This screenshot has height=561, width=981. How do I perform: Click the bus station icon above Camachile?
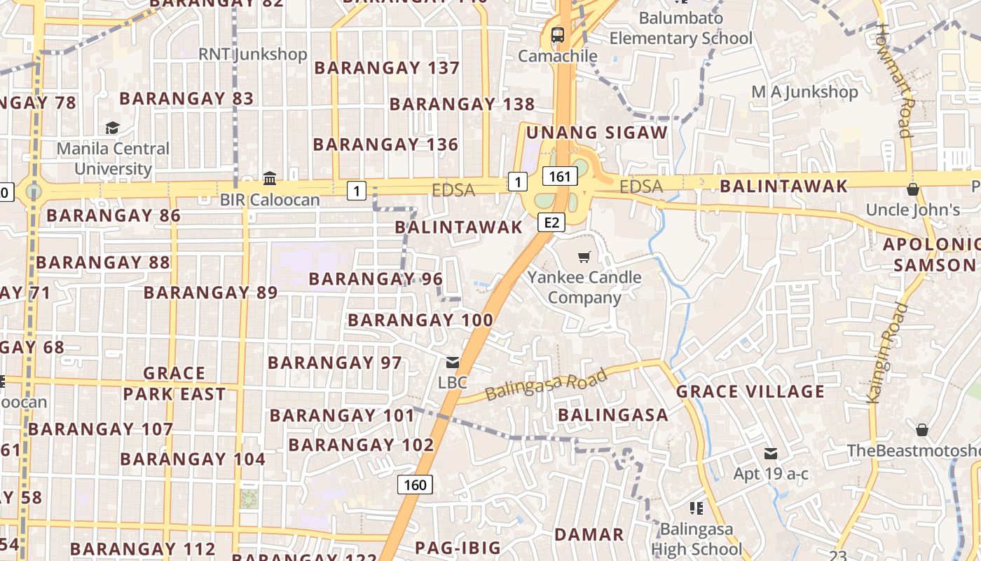pyautogui.click(x=558, y=34)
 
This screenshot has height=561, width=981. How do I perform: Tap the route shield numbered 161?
pyautogui.click(x=560, y=176)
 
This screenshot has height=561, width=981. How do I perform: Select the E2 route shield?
pyautogui.click(x=551, y=222)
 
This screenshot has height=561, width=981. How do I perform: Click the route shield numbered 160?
pyautogui.click(x=415, y=485)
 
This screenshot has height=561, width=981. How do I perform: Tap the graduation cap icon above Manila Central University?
pyautogui.click(x=112, y=128)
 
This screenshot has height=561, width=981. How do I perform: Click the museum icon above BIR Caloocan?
pyautogui.click(x=270, y=178)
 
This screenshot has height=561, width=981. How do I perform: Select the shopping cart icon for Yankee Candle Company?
pyautogui.click(x=584, y=257)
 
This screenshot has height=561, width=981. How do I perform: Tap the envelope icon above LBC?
pyautogui.click(x=453, y=363)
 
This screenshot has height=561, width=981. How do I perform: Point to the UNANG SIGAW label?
pyautogui.click(x=597, y=133)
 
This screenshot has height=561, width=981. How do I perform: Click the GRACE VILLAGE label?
pyautogui.click(x=750, y=391)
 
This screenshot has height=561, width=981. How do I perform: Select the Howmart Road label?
pyautogui.click(x=894, y=81)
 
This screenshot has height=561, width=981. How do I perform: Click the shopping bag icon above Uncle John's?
pyautogui.click(x=912, y=189)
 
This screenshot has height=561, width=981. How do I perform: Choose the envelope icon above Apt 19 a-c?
pyautogui.click(x=771, y=453)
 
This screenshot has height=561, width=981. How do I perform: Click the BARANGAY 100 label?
pyautogui.click(x=420, y=320)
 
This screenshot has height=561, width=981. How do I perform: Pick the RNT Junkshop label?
pyautogui.click(x=252, y=54)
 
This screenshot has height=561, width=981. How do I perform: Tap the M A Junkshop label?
pyautogui.click(x=804, y=92)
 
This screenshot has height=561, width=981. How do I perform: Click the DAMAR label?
pyautogui.click(x=589, y=534)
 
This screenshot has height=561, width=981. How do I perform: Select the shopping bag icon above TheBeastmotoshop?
pyautogui.click(x=922, y=429)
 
